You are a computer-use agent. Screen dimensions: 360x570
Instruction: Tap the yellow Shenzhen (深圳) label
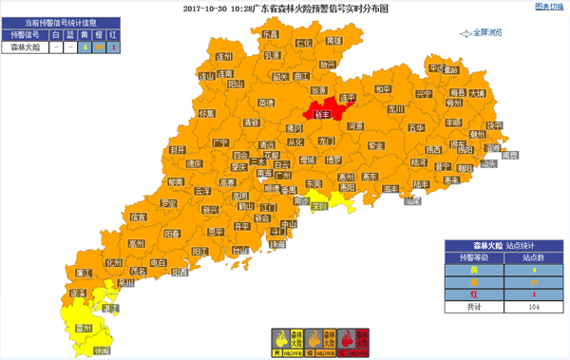coord(318,204)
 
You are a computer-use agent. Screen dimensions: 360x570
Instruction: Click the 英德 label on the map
coord(266,103)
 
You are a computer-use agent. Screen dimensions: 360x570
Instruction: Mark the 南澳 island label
coord(510,155)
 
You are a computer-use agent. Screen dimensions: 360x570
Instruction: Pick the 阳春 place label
coord(173,233)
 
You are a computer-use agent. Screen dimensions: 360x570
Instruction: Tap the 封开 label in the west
coord(176,150)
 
